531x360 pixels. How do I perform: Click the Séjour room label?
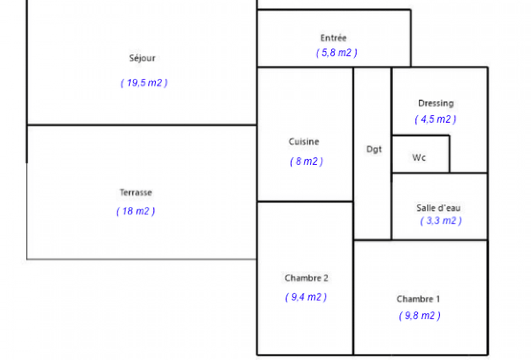point(142,58)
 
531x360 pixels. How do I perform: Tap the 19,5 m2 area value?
point(144,83)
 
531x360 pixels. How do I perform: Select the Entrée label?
point(333,38)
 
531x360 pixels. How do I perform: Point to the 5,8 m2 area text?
point(337,53)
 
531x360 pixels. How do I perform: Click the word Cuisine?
point(304,141)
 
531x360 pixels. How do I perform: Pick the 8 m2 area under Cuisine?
point(306,161)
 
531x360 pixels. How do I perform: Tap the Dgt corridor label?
point(374,149)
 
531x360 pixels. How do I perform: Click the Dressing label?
point(436,103)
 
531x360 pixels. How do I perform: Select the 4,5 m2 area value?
point(435,119)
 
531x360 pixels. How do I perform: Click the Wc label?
point(419,158)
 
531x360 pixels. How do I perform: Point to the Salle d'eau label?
point(438,208)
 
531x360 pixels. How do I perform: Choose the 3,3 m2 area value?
point(441,221)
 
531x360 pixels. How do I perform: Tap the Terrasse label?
point(136,192)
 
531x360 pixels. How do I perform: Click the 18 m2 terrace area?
point(136,211)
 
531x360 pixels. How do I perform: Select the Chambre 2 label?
point(306,277)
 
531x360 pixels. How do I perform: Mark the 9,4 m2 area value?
point(306,297)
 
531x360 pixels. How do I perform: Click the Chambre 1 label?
point(418,299)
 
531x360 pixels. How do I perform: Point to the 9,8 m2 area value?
point(419,316)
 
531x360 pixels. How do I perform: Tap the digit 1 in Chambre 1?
point(438,299)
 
